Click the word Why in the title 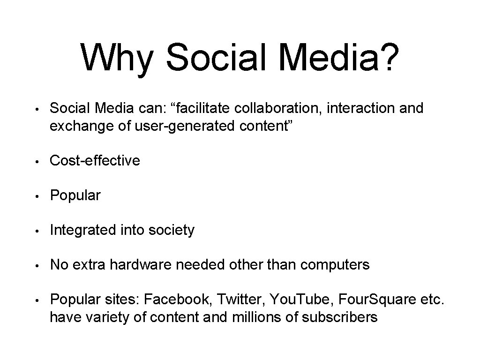pos(117,57)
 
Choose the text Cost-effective pos(95,161)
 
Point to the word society pos(171,230)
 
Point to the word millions pos(257,317)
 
